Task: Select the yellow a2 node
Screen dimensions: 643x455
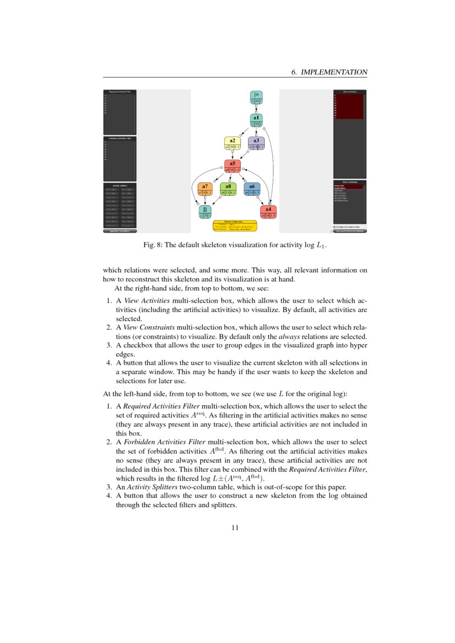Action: tap(232, 144)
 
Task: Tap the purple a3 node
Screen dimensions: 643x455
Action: tap(256, 144)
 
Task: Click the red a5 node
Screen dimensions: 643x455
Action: tap(232, 167)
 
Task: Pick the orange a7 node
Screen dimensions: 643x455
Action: tap(205, 189)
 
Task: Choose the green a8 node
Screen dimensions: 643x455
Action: tap(228, 189)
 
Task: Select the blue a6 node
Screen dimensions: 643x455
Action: tap(251, 189)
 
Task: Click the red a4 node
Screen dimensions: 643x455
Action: tap(268, 212)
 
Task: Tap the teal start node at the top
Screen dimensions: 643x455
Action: tap(256, 98)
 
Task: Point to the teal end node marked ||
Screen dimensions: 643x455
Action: tap(205, 212)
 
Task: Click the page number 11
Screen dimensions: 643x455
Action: tap(235, 528)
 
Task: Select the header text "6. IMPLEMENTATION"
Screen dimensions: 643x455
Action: tap(328, 72)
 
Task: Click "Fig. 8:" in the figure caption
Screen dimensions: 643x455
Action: tap(152, 245)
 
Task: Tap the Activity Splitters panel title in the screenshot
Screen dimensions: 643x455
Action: tap(119, 185)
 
